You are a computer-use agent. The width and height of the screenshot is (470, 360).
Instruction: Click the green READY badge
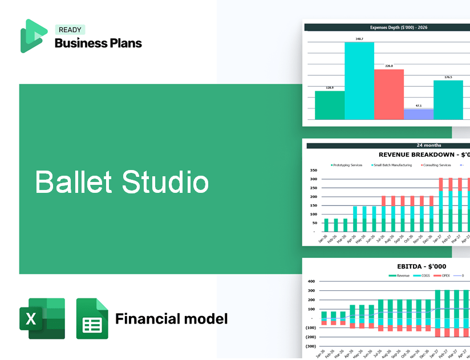point(71,30)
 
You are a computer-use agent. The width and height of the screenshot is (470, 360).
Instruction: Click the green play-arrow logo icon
point(34,36)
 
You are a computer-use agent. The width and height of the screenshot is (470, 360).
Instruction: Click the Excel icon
point(42,318)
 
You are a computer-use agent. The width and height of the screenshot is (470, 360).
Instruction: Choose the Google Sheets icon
point(92,318)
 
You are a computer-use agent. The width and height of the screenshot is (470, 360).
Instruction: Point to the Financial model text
point(171,318)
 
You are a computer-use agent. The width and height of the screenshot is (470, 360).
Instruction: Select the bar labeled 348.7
point(359,80)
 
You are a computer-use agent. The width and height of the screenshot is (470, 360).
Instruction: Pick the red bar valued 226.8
point(389,94)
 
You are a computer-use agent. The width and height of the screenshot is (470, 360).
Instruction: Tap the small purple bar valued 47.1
point(418,114)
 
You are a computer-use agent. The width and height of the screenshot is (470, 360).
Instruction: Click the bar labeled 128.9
point(330,105)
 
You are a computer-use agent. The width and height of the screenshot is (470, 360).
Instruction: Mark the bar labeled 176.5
point(448,100)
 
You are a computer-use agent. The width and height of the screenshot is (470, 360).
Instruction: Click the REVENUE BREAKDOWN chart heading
point(424,155)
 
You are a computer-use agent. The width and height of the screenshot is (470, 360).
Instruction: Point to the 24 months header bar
point(388,145)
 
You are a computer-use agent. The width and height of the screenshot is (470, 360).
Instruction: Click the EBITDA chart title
point(422,266)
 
